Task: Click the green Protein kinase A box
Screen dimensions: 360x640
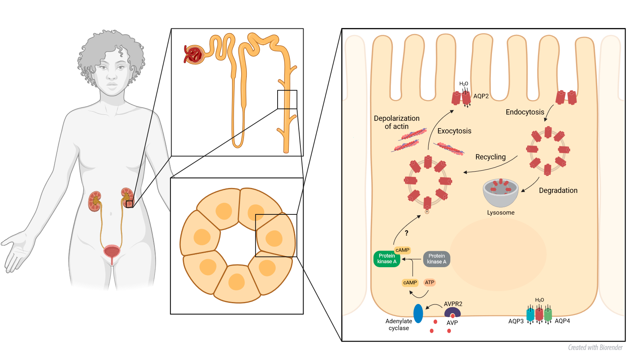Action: [x=386, y=259]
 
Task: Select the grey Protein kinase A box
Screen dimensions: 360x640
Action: [x=436, y=259]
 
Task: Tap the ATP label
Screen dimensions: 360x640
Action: [x=430, y=282]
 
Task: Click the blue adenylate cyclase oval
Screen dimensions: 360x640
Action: [x=418, y=314]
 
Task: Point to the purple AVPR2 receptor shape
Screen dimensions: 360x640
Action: [x=452, y=312]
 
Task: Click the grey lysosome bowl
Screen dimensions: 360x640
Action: [x=500, y=192]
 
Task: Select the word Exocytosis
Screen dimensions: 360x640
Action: [x=454, y=131]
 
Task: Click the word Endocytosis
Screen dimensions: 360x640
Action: [x=525, y=112]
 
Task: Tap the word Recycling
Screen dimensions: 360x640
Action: [x=490, y=157]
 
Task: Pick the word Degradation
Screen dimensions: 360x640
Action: [x=558, y=190]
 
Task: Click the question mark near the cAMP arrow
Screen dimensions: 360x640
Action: [x=406, y=233]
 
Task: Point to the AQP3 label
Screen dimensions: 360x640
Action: [x=516, y=321]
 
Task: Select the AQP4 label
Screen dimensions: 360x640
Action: [x=562, y=321]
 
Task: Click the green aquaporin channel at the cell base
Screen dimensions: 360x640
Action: [x=548, y=315]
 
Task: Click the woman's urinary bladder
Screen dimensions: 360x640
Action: [x=112, y=252]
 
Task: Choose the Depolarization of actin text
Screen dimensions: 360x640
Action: [x=396, y=122]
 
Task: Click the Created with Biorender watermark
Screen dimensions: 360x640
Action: [x=595, y=348]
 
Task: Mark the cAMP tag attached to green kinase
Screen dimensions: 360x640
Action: [x=402, y=250]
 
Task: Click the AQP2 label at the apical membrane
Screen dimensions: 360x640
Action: [x=481, y=96]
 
